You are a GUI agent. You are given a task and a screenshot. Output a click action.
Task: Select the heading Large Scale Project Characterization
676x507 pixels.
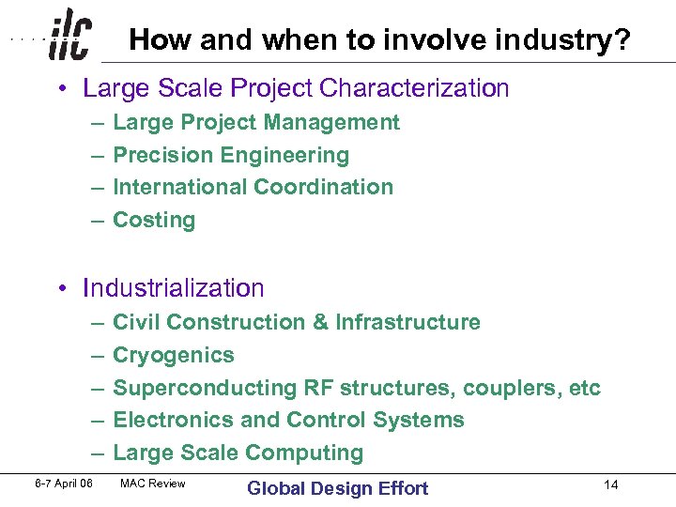(x=296, y=88)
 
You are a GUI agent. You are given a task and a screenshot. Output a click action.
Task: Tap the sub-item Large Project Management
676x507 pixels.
(x=255, y=122)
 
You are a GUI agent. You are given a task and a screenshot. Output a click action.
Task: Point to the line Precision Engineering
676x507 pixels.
(x=230, y=155)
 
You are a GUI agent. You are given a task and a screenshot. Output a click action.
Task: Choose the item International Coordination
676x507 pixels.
(x=253, y=187)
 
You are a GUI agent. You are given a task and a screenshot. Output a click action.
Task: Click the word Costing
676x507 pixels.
(x=154, y=220)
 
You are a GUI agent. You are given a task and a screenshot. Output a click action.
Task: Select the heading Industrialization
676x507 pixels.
(x=174, y=287)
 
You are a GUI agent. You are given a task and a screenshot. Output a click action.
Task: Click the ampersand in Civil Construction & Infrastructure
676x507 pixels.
(x=320, y=322)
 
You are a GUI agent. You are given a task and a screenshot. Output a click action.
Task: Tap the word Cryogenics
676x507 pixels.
(x=174, y=355)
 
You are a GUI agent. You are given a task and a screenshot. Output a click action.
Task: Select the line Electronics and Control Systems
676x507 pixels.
(x=288, y=420)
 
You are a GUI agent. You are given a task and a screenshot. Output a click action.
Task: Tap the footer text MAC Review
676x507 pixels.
(x=153, y=484)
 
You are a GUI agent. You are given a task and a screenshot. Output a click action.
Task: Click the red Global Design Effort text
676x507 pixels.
(x=337, y=488)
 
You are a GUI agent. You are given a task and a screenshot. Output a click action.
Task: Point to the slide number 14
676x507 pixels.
(x=611, y=485)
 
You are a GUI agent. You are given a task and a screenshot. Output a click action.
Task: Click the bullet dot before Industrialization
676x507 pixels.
(x=60, y=288)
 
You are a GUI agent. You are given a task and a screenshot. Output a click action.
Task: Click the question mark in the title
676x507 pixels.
(x=622, y=39)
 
